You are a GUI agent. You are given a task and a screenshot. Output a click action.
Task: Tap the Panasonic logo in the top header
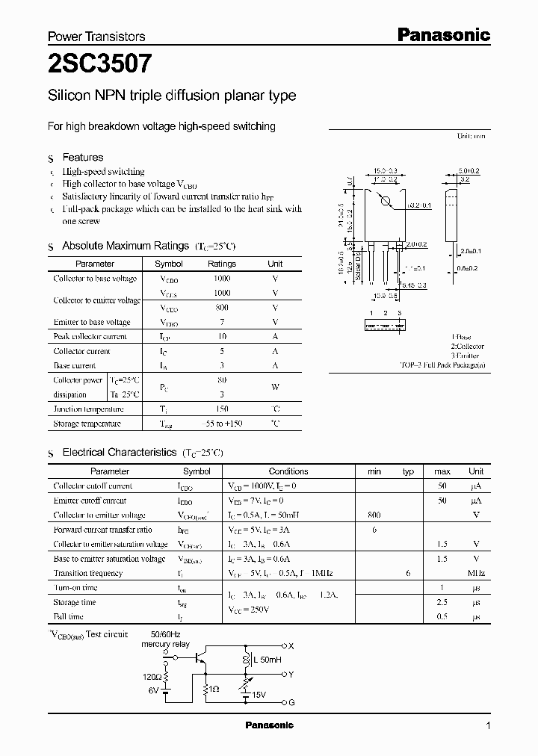[x=442, y=34]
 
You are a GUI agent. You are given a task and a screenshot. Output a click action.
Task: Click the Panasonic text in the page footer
[x=269, y=725]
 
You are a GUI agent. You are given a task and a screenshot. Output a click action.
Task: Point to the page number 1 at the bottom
[x=488, y=725]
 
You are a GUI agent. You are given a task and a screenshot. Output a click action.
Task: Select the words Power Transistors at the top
[x=96, y=37]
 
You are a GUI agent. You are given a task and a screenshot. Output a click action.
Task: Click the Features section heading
[x=82, y=158]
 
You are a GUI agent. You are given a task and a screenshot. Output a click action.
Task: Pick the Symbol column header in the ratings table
[x=168, y=264]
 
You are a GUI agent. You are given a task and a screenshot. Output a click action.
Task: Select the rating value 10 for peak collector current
[x=221, y=337]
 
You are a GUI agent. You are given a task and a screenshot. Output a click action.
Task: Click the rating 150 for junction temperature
[x=221, y=409]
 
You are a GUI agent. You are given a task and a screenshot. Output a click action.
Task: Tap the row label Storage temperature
[x=87, y=424]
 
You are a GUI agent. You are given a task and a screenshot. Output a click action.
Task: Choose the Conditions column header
[x=288, y=471]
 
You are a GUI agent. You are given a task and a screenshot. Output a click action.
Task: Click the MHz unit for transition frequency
[x=476, y=574]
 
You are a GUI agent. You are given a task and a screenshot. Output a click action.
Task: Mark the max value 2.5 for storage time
[x=442, y=602]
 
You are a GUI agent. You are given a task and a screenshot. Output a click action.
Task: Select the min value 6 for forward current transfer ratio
[x=374, y=530]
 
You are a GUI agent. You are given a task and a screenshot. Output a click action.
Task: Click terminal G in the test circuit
[x=291, y=703]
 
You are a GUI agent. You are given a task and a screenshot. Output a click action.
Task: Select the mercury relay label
[x=166, y=644]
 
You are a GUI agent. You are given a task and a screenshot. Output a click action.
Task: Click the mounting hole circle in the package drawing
[x=386, y=200]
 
